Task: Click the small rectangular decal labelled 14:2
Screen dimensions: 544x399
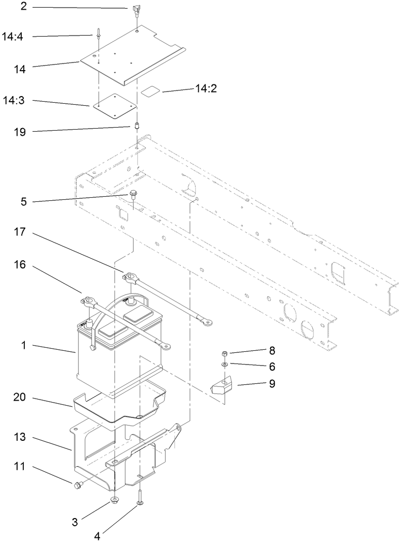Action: (150, 90)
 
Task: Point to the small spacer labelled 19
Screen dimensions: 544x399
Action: (137, 126)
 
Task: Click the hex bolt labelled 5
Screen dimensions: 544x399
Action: (133, 194)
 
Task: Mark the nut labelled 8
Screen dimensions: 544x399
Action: (224, 353)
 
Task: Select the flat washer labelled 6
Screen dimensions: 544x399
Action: (224, 364)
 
